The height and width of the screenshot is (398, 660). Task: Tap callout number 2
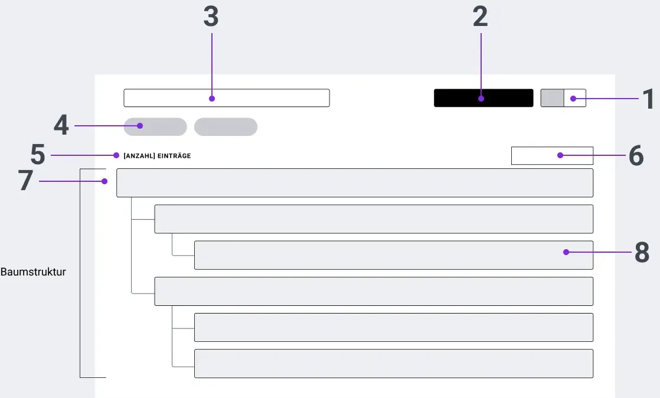click(481, 17)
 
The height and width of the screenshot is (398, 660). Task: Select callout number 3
click(211, 17)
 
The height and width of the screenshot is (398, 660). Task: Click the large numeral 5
click(38, 154)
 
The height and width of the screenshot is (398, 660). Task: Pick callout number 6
click(636, 155)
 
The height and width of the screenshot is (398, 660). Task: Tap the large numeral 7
click(25, 180)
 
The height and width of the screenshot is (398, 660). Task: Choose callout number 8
click(642, 252)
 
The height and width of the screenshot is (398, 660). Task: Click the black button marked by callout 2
click(483, 98)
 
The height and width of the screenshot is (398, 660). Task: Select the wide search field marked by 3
click(227, 98)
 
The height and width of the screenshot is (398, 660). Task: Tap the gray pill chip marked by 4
click(155, 127)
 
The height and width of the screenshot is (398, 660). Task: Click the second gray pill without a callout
click(226, 127)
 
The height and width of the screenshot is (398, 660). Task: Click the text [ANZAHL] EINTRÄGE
click(157, 156)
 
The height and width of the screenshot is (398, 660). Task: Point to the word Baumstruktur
click(33, 272)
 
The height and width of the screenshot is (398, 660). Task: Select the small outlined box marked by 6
click(552, 155)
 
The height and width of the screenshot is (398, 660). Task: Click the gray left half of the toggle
click(552, 98)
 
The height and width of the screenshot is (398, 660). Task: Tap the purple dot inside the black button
click(481, 99)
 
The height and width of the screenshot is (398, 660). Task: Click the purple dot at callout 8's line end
click(566, 252)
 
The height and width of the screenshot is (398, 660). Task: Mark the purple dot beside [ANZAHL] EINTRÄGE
click(116, 155)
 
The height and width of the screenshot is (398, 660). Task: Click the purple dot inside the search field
click(212, 99)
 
